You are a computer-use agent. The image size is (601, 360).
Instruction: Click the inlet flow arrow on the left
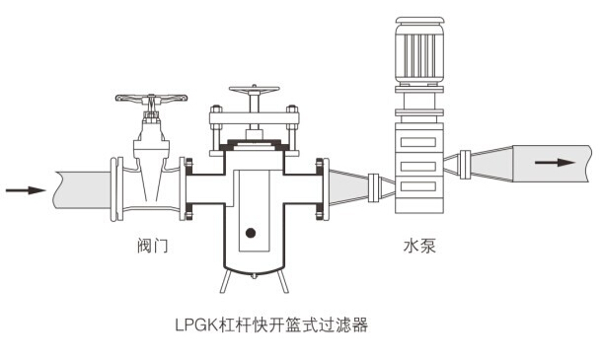[x=24, y=189]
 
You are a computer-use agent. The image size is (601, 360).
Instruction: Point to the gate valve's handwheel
[x=151, y=100]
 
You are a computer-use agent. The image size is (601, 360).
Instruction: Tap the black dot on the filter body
[x=251, y=233]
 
